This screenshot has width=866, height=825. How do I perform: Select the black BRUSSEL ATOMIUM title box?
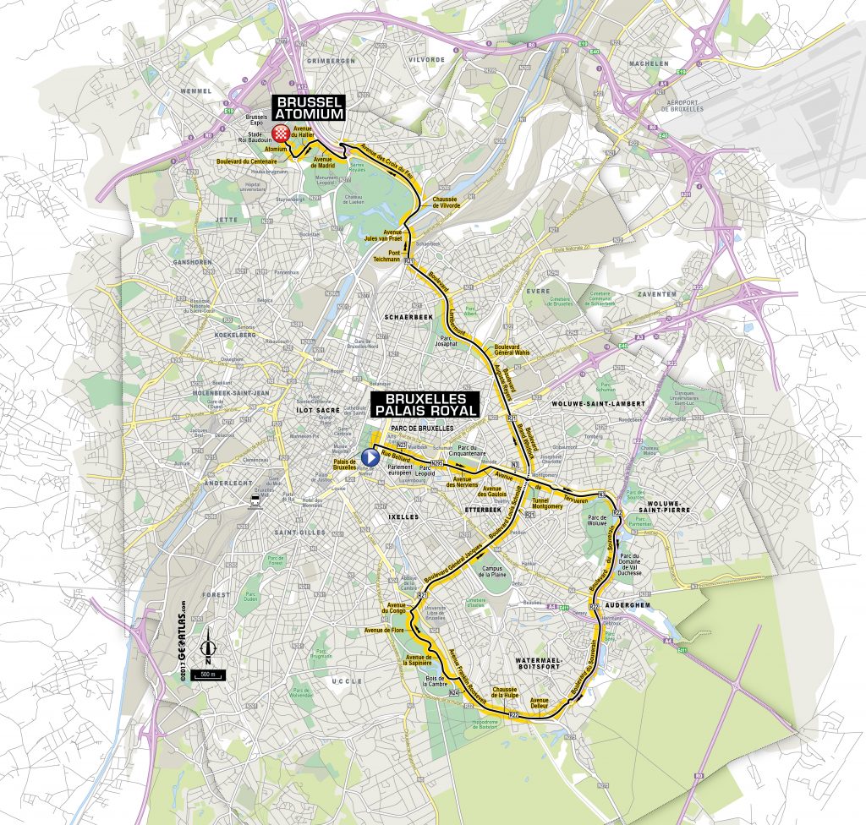click(x=308, y=107)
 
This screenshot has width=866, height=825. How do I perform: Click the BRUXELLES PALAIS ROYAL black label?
click(x=425, y=403)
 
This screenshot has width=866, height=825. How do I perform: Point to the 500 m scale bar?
click(x=206, y=675)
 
